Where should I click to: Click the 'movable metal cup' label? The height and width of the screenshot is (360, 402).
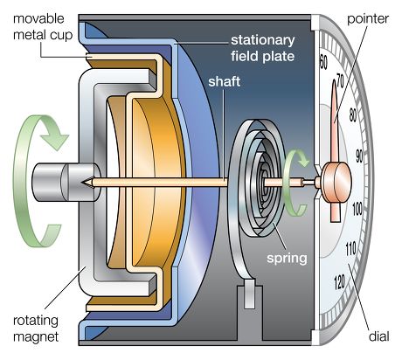[x=43, y=27]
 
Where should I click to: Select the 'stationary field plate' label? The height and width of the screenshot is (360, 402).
[x=263, y=48]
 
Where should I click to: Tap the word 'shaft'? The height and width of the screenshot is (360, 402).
[x=224, y=81]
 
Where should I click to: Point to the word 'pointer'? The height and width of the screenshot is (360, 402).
[x=368, y=19]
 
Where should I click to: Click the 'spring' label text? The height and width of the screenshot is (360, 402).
[x=287, y=259]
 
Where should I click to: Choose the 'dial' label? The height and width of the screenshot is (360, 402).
[x=379, y=336]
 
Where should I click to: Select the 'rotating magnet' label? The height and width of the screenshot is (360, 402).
[x=36, y=329]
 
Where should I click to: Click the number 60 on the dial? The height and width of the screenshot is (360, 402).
[x=323, y=62]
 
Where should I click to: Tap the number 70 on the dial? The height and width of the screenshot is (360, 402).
[x=340, y=81]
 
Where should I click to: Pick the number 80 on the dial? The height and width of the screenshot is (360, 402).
[x=352, y=114]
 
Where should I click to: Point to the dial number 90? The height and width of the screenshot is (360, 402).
[x=359, y=156]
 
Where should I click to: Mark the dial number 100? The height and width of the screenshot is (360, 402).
[x=357, y=209]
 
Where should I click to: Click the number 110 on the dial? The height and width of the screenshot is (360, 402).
[x=350, y=248]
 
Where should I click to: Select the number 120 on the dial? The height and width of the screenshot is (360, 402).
[x=339, y=282]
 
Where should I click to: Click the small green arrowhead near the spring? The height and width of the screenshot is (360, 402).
[x=303, y=159]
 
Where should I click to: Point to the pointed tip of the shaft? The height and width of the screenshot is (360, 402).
[x=83, y=182]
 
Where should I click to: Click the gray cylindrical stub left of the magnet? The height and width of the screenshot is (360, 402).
[x=66, y=182]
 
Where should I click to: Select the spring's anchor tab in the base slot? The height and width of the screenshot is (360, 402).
[x=249, y=294]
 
